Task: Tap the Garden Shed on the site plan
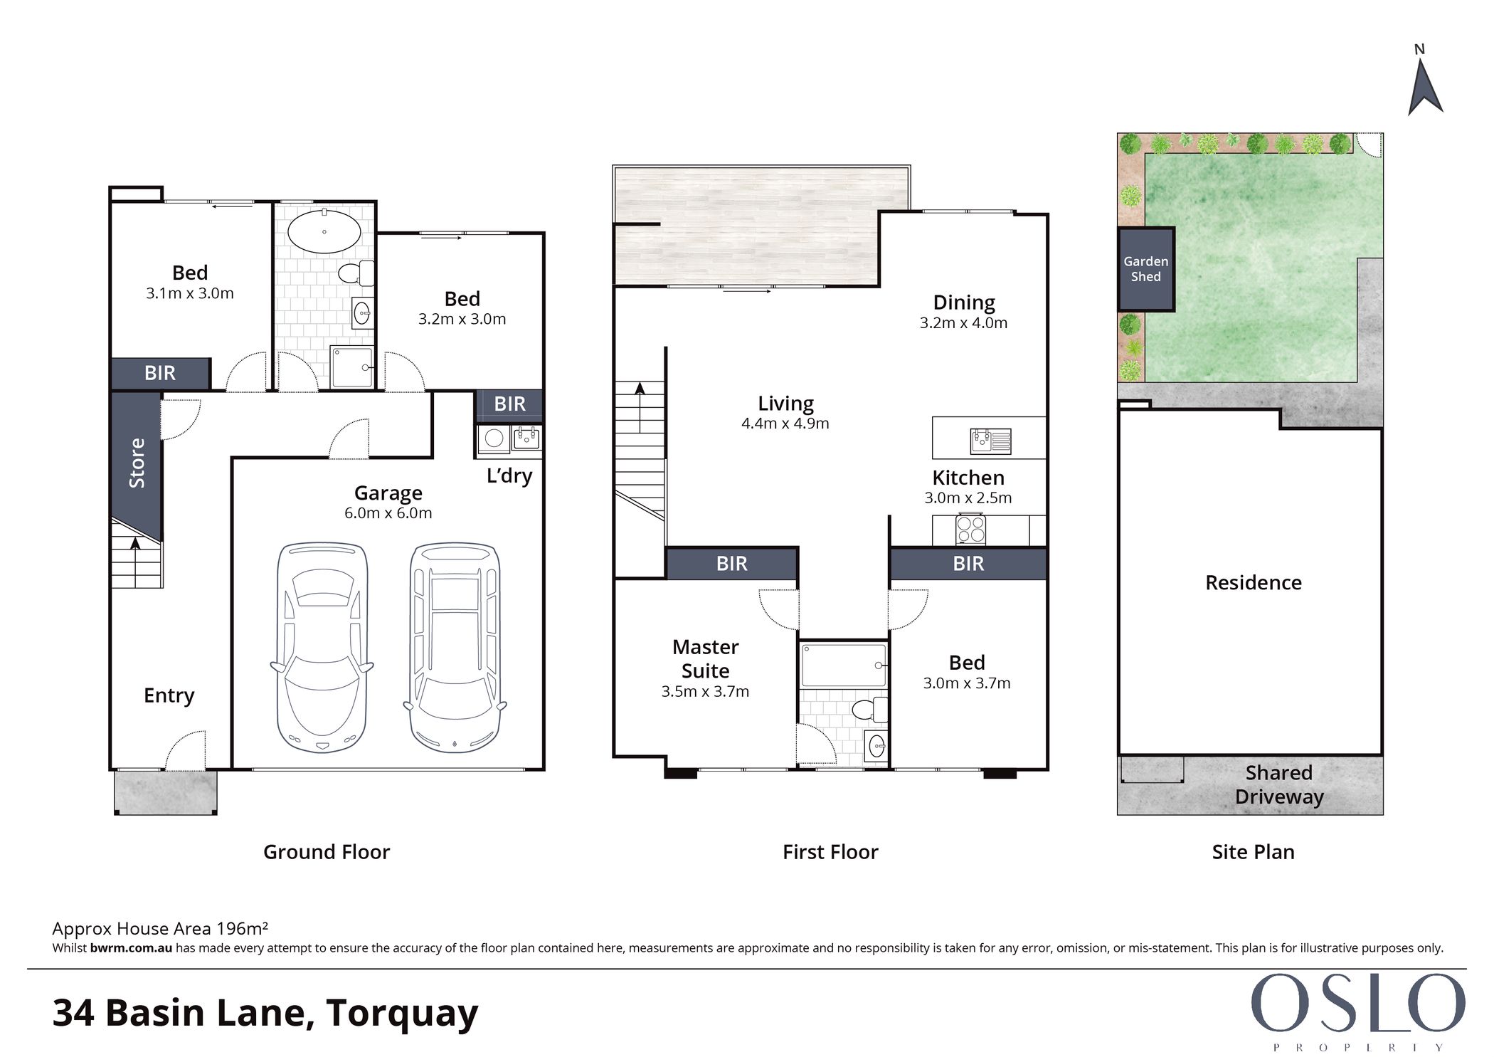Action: click(1145, 269)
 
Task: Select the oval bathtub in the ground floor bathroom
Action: click(324, 231)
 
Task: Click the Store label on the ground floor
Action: click(137, 463)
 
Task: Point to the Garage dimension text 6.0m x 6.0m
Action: click(388, 513)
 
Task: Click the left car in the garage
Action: click(322, 647)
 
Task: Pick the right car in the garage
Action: click(455, 647)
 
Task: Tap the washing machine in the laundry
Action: click(494, 438)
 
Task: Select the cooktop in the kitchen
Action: click(970, 530)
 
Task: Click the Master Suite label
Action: click(706, 658)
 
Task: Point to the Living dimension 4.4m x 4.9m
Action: click(785, 424)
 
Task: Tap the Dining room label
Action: click(964, 303)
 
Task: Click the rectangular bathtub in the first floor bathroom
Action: click(843, 666)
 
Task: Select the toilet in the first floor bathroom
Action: click(869, 710)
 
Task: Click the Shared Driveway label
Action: click(1279, 784)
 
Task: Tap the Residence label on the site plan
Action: click(1254, 583)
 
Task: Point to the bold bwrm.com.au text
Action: click(131, 948)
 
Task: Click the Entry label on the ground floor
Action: click(169, 695)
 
